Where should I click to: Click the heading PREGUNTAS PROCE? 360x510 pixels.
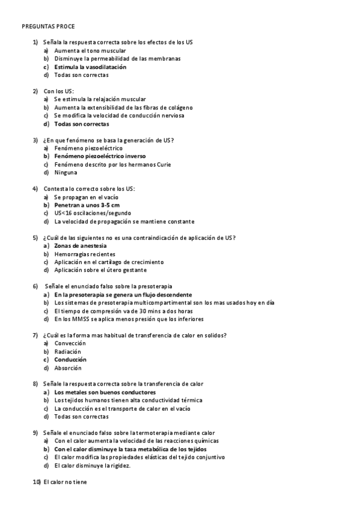(48, 27)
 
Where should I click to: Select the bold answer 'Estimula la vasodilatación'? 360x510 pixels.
(90, 67)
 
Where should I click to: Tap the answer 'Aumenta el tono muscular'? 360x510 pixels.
(85, 51)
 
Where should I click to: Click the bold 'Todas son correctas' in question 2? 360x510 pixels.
(82, 124)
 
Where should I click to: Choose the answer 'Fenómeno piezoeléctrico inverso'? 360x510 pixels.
(100, 156)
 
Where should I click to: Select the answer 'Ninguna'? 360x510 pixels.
(66, 173)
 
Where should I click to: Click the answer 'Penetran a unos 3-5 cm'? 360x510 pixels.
(87, 205)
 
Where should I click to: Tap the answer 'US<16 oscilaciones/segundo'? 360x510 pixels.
(92, 213)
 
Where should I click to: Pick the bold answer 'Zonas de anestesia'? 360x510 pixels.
(81, 246)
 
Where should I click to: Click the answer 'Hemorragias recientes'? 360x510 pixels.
(85, 254)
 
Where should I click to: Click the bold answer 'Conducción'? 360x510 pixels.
(70, 360)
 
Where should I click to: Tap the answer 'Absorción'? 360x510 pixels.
(67, 368)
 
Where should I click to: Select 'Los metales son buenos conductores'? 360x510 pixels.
(100, 392)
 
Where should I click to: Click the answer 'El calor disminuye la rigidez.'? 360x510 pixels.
(92, 465)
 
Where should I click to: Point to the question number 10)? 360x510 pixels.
(36, 482)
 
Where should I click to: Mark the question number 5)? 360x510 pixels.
(35, 238)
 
